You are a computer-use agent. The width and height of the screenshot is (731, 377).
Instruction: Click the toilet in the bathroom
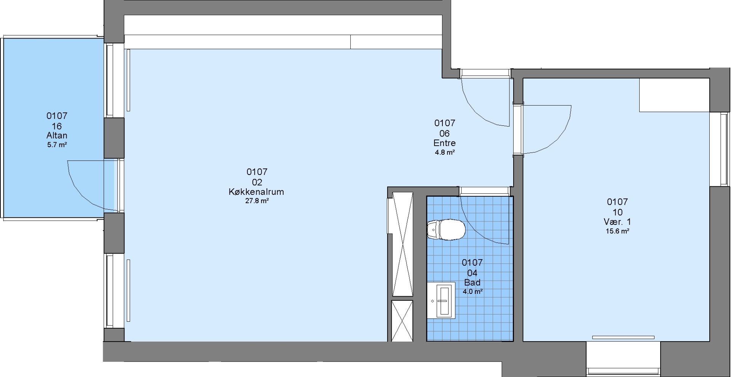pos(446,230)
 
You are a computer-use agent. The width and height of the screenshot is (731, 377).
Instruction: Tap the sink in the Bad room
pos(441,300)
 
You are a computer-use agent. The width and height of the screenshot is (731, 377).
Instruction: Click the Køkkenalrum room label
pos(256,192)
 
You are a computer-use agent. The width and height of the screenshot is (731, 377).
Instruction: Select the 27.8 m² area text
pos(257,201)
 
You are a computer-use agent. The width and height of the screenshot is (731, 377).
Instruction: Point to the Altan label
pos(57,135)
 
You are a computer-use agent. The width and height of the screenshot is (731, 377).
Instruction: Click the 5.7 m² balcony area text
pos(57,145)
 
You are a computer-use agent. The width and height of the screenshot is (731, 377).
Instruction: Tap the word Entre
pos(444,143)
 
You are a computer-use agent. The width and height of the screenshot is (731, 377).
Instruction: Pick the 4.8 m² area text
pos(445,152)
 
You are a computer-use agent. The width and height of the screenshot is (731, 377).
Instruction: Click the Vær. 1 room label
pos(617,222)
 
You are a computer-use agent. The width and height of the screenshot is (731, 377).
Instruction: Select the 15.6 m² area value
pos(617,231)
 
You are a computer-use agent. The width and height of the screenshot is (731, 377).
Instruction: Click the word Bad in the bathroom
pos(472,282)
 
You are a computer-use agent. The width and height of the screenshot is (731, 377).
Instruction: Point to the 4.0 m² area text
pos(472,292)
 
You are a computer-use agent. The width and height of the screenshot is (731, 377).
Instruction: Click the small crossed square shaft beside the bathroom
pos(402,321)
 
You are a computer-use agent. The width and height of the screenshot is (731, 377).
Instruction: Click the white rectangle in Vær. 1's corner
pos(674,95)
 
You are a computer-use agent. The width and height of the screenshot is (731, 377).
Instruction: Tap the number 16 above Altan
pos(57,126)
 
